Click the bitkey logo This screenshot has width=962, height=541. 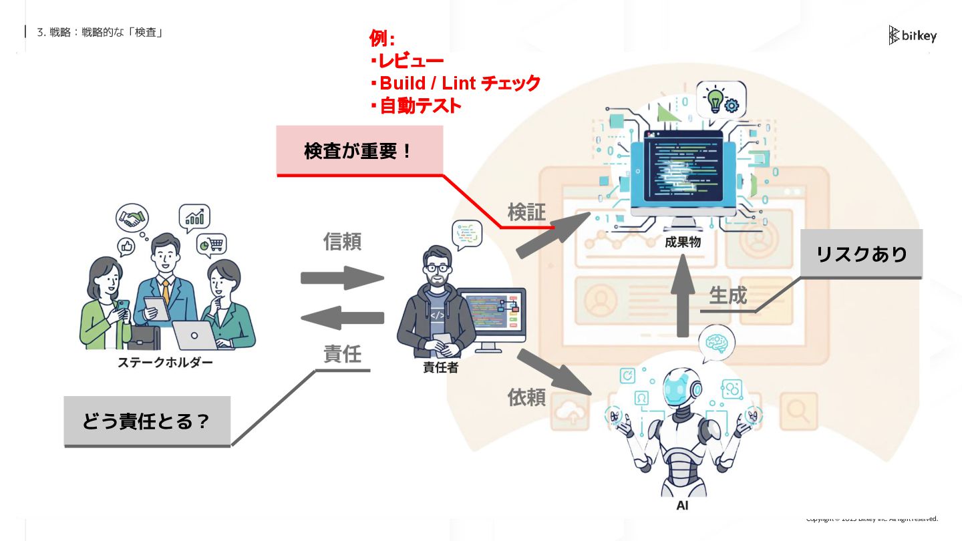coord(913,35)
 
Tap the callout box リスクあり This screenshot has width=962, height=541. coord(861,254)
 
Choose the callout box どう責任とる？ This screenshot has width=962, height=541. coord(147,421)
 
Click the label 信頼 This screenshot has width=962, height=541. coord(342,241)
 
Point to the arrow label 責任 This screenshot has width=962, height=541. coord(342,353)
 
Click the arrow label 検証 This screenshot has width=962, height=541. coord(526,212)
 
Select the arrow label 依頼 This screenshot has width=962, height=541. coord(526,397)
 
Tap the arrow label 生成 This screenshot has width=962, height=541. coord(728,295)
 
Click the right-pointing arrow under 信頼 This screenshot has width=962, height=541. coord(342,278)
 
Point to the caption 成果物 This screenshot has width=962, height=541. coord(682,242)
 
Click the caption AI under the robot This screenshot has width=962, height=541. coord(682,506)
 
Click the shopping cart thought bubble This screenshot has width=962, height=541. coord(212,245)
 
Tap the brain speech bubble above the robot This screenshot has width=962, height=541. coord(716,342)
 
